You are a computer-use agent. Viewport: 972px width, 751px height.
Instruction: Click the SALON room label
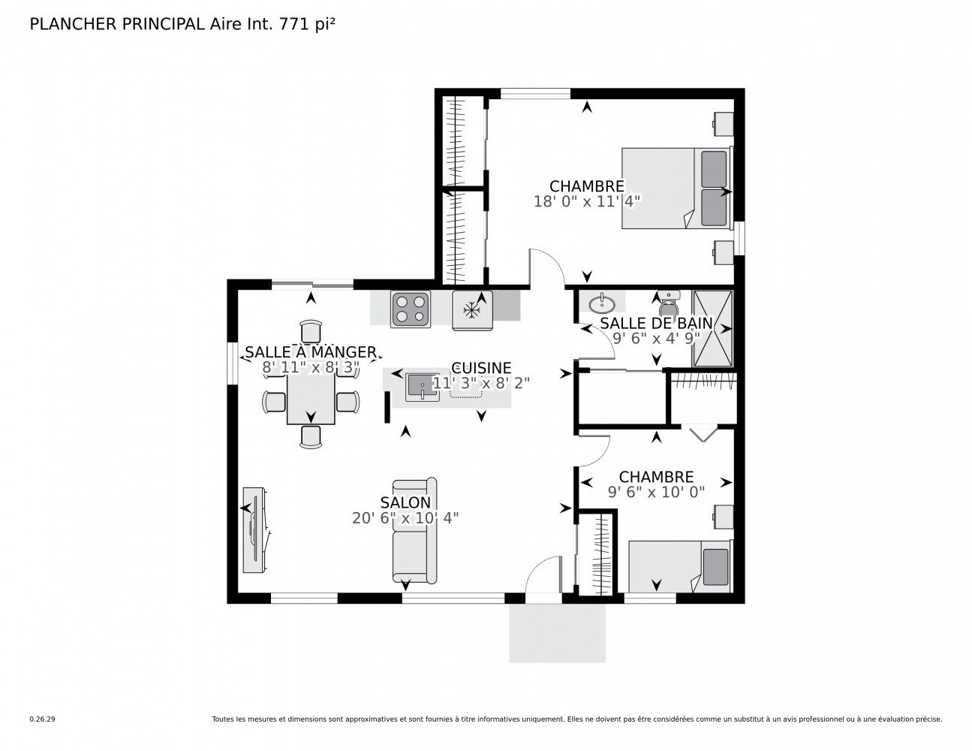(x=405, y=502)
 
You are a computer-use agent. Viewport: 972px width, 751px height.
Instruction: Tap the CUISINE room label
(x=481, y=368)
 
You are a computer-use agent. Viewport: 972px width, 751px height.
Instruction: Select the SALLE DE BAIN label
(x=655, y=324)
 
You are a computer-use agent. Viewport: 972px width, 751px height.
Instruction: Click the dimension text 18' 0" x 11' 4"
(x=586, y=201)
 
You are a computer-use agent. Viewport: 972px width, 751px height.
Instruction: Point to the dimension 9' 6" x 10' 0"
(x=656, y=492)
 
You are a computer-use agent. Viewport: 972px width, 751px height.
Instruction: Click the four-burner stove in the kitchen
(x=411, y=309)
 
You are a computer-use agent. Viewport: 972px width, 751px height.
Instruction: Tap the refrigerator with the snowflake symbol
(x=472, y=310)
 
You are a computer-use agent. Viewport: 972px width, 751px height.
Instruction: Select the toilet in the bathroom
(x=667, y=306)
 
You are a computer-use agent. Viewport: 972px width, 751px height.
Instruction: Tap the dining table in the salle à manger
(x=311, y=399)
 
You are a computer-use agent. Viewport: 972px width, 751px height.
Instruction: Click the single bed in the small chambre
(x=679, y=567)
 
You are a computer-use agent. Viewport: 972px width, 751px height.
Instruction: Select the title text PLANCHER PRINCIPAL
(x=116, y=24)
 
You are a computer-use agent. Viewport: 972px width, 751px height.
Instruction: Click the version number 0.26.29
(x=42, y=719)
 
